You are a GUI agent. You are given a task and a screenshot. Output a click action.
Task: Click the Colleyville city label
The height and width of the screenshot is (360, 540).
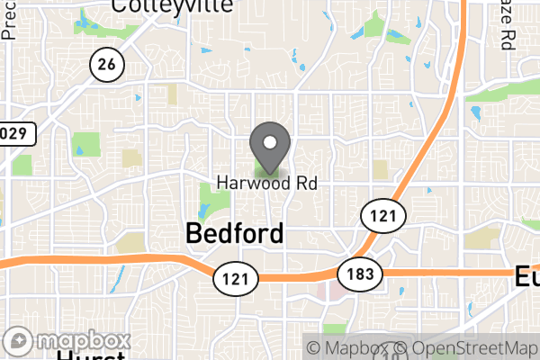tap(171, 6)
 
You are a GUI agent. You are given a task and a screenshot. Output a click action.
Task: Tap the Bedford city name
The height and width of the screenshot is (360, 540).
tap(235, 234)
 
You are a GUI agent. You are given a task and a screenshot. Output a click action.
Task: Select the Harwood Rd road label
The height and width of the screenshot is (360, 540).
tap(267, 183)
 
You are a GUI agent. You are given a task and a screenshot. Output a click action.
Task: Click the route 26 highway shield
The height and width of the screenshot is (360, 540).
tap(107, 63)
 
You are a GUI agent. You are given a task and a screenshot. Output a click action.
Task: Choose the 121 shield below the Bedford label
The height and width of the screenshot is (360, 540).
tap(232, 277)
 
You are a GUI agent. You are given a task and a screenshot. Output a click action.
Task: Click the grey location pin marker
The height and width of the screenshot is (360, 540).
tap(269, 146)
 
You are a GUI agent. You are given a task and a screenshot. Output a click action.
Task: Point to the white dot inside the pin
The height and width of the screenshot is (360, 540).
tap(269, 141)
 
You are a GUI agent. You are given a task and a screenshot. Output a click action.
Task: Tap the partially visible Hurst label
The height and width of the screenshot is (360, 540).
tap(90, 355)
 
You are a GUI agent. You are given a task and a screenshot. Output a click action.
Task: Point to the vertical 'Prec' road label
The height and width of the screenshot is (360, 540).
tap(10, 20)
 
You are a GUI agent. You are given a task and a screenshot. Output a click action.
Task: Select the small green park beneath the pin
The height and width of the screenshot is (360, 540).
tap(267, 169)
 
